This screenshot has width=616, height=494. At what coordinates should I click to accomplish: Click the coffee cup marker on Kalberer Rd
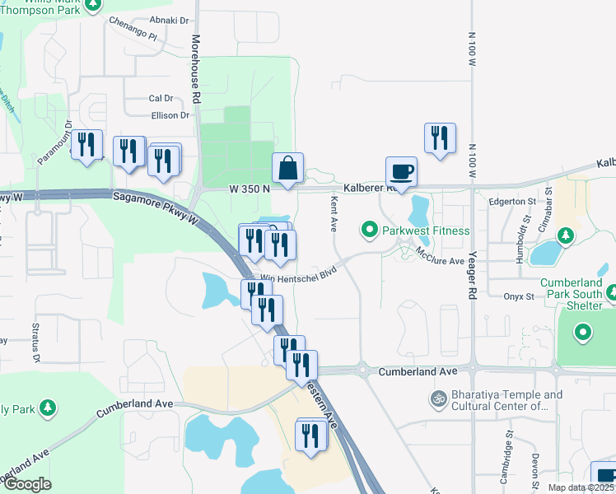tap(401, 172)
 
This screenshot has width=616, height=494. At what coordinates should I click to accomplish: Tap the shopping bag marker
tap(288, 168)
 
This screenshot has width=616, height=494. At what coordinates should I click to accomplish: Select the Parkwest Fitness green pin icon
tap(370, 230)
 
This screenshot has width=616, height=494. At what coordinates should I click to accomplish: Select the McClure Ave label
tap(441, 255)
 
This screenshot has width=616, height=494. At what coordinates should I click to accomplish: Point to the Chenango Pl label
tap(133, 29)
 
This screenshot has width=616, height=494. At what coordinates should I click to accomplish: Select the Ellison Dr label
tap(170, 115)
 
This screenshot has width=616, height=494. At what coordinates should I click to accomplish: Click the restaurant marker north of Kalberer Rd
tap(440, 137)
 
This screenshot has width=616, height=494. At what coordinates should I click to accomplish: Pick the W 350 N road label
tap(250, 188)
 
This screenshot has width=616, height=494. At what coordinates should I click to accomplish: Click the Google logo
tap(27, 484)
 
